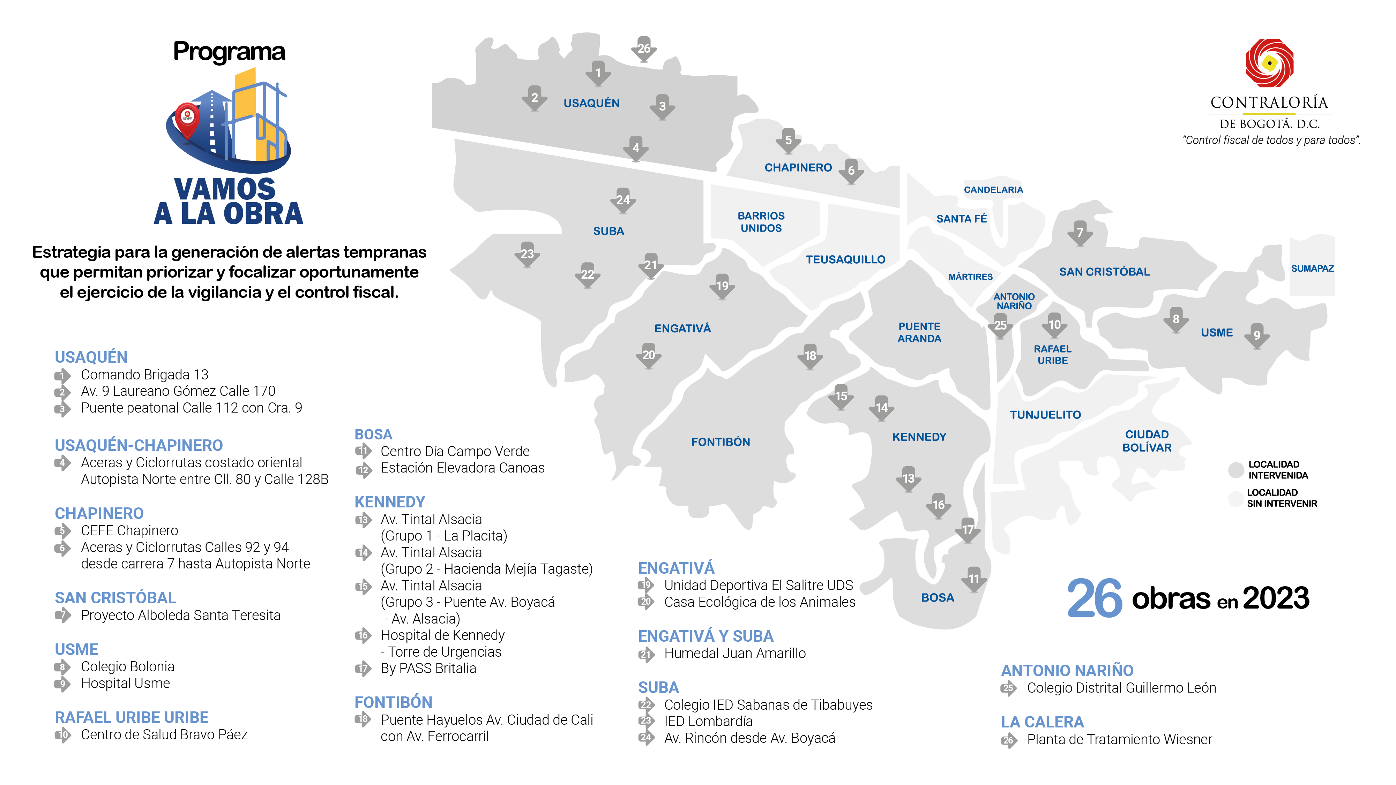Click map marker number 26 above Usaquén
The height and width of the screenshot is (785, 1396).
pos(644,49)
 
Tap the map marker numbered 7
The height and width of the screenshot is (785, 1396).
pos(1080,233)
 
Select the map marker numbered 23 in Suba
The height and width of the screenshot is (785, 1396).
pos(527,254)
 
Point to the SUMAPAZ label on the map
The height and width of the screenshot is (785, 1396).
pos(1312,269)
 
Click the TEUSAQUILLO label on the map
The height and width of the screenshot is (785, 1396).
pos(845,259)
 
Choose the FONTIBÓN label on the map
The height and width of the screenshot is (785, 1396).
pos(720,442)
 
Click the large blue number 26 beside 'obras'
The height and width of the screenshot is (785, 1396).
pos(1095,598)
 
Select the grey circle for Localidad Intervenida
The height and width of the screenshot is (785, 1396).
pos(1236,470)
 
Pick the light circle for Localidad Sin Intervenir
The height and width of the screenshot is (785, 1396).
pos(1236,498)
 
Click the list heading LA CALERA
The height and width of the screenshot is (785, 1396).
pos(1042,722)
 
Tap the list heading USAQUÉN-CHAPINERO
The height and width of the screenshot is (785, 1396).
pos(139,445)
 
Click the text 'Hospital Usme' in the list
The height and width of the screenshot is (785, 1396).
pos(125,684)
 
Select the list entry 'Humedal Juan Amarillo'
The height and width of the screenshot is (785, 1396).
pos(734,654)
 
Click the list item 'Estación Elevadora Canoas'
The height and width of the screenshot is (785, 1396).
pos(462,468)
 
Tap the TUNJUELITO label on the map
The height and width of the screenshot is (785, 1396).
pos(1045,415)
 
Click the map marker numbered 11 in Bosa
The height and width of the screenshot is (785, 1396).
pos(974,579)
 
